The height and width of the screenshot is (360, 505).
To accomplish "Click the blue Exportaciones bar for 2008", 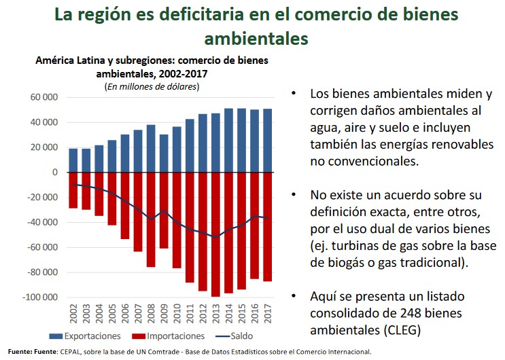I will [x=151, y=148].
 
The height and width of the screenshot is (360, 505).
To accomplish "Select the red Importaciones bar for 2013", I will [x=215, y=234].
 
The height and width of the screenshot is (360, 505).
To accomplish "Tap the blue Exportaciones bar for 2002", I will [x=73, y=160].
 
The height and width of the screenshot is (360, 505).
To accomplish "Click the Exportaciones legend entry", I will [x=87, y=336].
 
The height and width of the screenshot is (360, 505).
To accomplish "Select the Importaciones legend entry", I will [x=167, y=336].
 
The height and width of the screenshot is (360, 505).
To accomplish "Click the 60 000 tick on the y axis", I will [x=43, y=97].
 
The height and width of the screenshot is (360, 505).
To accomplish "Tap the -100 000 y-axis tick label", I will [x=41, y=298].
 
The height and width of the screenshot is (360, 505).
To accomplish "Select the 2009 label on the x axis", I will [x=164, y=314].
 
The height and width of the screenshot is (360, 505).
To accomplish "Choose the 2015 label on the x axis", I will [x=241, y=314].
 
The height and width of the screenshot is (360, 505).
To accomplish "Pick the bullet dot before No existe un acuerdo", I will [x=294, y=194].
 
